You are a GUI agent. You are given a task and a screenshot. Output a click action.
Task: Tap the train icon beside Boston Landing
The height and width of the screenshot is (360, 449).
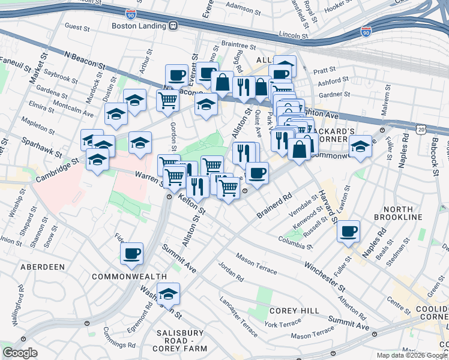click(173, 26)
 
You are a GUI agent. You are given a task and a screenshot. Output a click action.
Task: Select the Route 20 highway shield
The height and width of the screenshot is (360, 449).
click(422, 129)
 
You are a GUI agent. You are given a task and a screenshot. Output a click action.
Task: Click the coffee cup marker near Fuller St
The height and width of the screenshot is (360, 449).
click(348, 232)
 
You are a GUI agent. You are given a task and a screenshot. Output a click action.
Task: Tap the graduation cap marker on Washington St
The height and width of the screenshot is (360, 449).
click(169, 293)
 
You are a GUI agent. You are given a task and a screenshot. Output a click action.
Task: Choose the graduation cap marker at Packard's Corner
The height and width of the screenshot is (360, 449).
click(360, 146)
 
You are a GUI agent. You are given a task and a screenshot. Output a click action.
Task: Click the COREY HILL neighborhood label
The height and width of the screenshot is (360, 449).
click(289, 311)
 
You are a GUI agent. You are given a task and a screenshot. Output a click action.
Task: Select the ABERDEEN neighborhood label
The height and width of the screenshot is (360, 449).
click(42, 266)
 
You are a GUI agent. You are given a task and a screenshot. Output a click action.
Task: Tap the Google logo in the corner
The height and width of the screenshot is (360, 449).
click(20, 353)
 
